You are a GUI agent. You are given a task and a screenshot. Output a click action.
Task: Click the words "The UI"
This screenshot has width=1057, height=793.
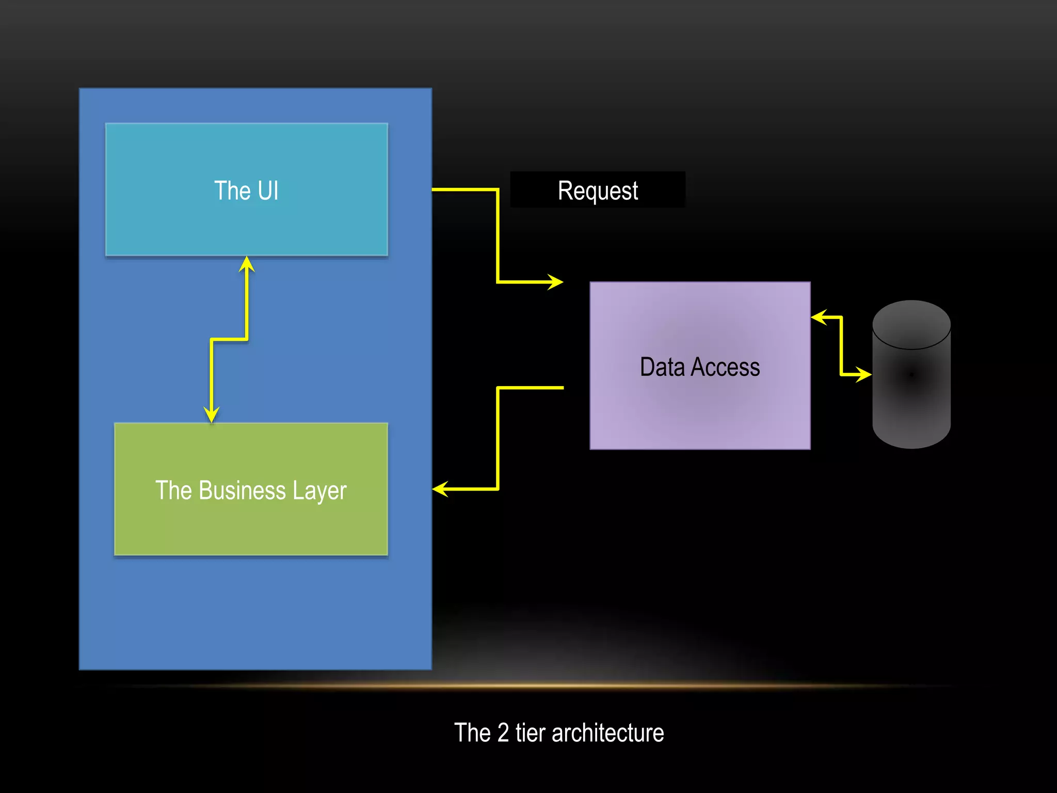246,191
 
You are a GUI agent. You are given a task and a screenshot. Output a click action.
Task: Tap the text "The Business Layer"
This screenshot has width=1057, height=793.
251,490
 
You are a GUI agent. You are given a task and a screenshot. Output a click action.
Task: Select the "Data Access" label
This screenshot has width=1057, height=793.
699,367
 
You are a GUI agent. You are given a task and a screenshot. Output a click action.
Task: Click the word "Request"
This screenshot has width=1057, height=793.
598,191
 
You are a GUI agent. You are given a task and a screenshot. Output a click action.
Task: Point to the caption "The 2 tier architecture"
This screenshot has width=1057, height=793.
558,733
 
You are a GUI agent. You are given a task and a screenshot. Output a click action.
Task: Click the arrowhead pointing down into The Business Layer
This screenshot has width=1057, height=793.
212,415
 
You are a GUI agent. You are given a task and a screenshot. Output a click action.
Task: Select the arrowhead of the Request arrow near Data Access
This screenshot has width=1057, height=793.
556,282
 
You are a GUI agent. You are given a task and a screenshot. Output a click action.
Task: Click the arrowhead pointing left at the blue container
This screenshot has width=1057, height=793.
440,488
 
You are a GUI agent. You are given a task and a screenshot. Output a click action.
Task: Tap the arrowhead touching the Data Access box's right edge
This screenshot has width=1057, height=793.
819,317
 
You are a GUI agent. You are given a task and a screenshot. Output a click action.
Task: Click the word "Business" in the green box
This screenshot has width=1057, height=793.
242,490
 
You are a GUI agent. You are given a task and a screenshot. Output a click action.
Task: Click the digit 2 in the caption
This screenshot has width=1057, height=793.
503,733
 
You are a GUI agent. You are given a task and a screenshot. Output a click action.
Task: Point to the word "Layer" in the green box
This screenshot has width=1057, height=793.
319,491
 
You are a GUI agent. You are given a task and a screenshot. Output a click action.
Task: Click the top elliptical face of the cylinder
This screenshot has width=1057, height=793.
911,324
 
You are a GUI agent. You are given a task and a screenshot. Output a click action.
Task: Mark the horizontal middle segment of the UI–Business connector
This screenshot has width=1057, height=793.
229,339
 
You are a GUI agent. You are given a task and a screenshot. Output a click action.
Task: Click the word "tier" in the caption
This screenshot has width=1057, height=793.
530,733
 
